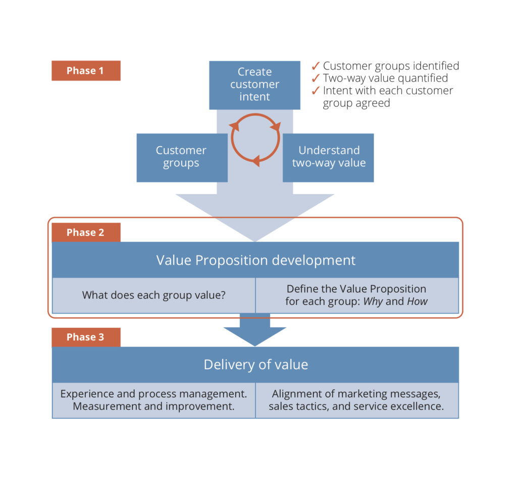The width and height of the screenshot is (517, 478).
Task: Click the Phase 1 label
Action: point(86,71)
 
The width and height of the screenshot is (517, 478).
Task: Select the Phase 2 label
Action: point(86,232)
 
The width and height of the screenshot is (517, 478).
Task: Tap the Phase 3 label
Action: point(86,337)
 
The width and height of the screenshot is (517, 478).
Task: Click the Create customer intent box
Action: point(254,85)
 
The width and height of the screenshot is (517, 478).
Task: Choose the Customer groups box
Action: point(182,157)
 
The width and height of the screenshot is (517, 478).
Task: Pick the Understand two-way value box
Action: point(328,157)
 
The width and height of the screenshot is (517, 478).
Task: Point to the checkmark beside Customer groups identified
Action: point(316,66)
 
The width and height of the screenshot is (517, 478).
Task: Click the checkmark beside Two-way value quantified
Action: point(316,79)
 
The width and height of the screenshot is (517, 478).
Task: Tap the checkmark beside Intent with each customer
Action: point(316,91)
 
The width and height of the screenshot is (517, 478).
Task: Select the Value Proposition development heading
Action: point(255,260)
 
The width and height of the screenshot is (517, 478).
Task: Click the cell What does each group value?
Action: point(153,295)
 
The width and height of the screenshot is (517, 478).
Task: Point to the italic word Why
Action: point(373,302)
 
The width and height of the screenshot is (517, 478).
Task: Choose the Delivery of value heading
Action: point(255,365)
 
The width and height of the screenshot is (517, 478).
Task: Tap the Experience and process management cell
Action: point(153,400)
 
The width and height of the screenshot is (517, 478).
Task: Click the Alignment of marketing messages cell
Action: point(356,400)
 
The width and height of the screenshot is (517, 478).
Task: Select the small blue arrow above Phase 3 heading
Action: point(255,330)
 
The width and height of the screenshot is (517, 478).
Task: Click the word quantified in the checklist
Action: point(423,79)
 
